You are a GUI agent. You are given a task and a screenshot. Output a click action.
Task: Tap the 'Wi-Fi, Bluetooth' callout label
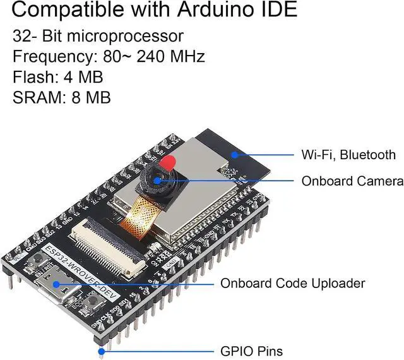point(348,155)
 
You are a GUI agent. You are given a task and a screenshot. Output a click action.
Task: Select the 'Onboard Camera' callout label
point(352,181)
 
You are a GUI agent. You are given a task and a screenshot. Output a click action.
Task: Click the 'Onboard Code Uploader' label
point(292,284)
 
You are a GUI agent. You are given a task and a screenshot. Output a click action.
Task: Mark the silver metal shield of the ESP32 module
point(189,208)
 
